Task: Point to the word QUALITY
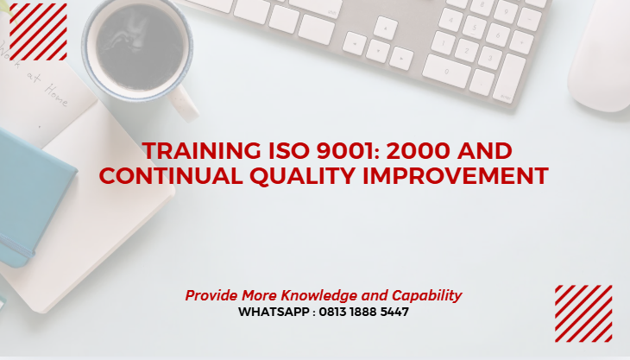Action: click(298, 176)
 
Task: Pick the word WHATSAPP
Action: click(274, 312)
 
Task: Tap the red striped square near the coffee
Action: click(38, 31)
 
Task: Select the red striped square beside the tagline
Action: click(583, 313)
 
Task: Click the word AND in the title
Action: click(488, 151)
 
